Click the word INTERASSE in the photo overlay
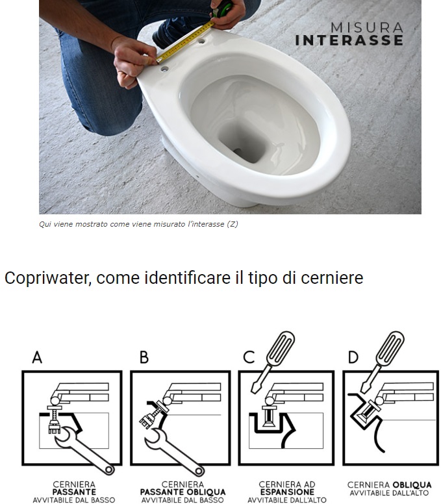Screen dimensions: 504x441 pyautogui.click(x=349, y=40)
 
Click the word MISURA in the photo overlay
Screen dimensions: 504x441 pyautogui.click(x=367, y=27)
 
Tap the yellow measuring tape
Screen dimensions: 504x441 pyautogui.click(x=185, y=42)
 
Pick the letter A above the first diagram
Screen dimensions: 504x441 pyautogui.click(x=37, y=357)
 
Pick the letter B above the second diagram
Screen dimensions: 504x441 pyautogui.click(x=144, y=357)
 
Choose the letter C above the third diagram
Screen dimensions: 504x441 pyautogui.click(x=249, y=357)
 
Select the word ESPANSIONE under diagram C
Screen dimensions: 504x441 pyautogui.click(x=287, y=492)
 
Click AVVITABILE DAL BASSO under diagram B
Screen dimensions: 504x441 pyautogui.click(x=183, y=499)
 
